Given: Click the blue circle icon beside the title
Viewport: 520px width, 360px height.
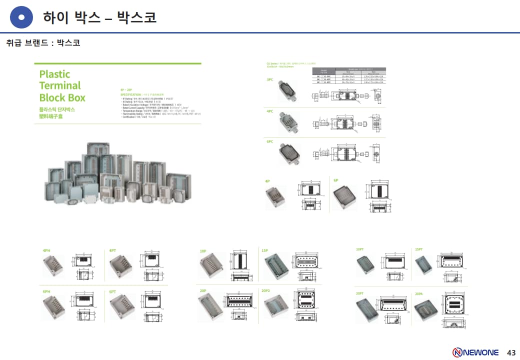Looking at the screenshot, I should click(x=21, y=18).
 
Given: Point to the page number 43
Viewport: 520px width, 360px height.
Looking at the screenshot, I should click(x=511, y=352).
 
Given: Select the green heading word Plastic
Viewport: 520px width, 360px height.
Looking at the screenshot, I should click(x=54, y=74).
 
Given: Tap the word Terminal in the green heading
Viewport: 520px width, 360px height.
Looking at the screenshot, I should click(x=60, y=85).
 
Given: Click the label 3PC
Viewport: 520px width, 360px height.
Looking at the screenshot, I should click(x=270, y=79).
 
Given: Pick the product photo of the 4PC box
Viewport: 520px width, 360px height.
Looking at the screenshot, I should click(x=289, y=123).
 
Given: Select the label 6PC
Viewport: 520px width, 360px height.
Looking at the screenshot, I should click(x=270, y=141).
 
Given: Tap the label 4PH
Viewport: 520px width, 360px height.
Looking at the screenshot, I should click(x=47, y=250).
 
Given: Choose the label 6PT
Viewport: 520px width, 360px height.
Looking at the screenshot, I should click(x=113, y=291).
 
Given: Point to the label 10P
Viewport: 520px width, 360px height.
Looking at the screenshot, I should click(x=203, y=250).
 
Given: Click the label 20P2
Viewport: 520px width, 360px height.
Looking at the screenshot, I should click(x=266, y=290).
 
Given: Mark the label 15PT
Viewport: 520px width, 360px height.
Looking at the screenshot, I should click(x=419, y=249).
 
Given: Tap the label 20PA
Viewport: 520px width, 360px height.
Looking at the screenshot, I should click(x=419, y=293).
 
